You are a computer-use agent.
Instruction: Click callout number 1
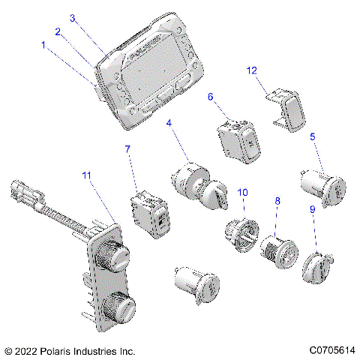43,45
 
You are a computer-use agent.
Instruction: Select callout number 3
73,18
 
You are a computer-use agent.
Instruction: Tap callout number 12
252,70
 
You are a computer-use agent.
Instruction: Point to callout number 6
211,97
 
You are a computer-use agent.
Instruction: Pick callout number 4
169,123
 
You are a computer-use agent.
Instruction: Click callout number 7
127,149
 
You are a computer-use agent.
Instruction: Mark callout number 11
86,175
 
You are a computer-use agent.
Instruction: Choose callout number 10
242,192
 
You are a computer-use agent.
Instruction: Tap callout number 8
277,201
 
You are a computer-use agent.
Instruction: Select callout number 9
313,209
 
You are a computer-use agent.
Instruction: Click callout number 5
313,136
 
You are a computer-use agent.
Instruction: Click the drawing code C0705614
332,350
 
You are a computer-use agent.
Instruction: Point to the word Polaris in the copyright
54,351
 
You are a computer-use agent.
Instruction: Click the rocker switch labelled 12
287,110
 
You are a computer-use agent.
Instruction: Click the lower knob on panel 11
119,307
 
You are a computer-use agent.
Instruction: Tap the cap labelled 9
317,268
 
